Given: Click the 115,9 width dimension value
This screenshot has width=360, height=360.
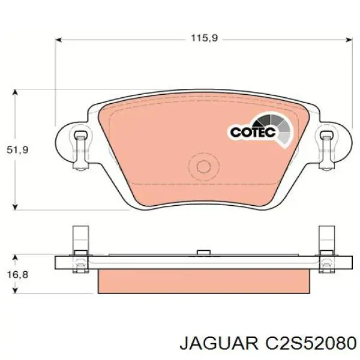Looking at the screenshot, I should [x=203, y=38].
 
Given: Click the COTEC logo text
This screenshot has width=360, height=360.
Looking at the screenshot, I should [x=253, y=131].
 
